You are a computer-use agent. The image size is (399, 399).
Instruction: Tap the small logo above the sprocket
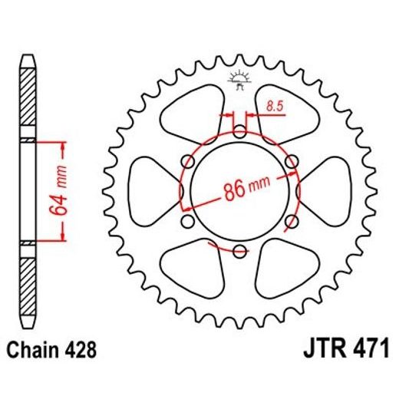238,80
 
